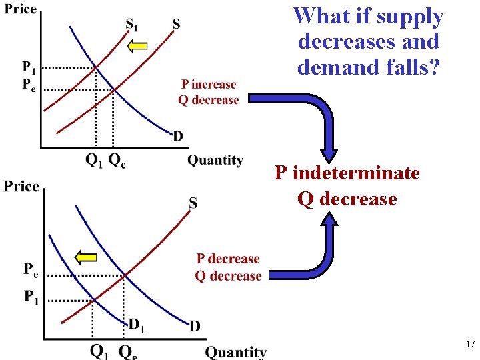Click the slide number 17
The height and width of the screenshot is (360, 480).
469,345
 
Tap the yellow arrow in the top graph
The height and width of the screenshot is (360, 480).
137,46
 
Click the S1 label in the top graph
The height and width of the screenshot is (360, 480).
133,25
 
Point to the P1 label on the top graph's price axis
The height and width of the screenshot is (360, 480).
29,67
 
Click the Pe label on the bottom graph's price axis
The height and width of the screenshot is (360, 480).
31,269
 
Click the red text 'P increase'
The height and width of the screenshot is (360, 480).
209,85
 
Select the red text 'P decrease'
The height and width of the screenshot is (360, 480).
228,259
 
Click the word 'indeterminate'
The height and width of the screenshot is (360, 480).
356,173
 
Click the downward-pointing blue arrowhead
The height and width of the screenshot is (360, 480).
331,153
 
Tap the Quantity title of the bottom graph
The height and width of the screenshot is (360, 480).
235,351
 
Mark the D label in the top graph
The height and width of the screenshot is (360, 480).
178,136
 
